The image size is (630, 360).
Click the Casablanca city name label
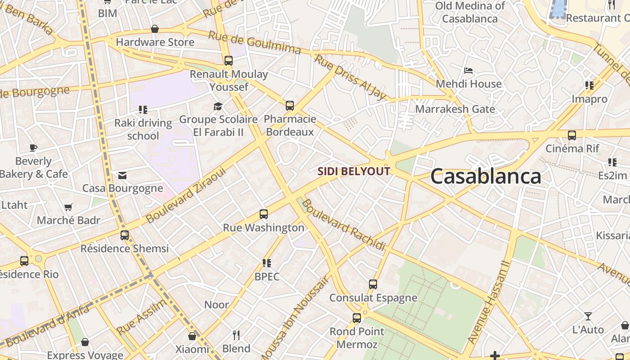(486, 176)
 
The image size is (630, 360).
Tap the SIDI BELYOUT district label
(354, 171)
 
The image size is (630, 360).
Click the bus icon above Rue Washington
(264, 214)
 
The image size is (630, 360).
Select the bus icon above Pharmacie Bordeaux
(290, 106)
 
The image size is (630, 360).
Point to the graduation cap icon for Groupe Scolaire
(218, 106)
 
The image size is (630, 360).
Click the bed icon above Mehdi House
(468, 71)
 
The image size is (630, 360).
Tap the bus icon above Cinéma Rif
(572, 135)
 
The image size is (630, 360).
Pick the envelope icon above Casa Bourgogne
(122, 175)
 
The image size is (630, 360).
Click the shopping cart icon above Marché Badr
(68, 207)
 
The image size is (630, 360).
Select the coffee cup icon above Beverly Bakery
(33, 148)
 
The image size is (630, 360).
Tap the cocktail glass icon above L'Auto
(588, 316)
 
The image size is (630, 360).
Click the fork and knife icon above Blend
(236, 335)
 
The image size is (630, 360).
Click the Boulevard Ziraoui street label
(185, 196)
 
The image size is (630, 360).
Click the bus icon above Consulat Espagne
(373, 284)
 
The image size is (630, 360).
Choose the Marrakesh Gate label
(455, 109)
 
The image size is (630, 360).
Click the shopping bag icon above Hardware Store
(155, 29)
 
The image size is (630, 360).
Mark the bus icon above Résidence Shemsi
(125, 235)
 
